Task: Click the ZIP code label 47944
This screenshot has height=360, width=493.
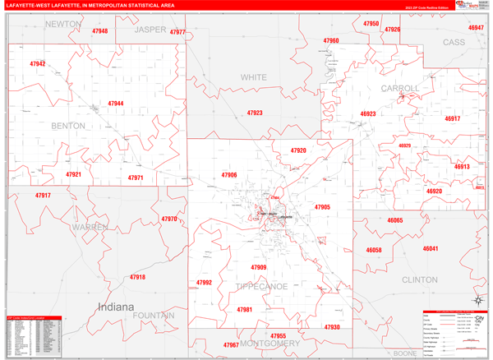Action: (x=115, y=104)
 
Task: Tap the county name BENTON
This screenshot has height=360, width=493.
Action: (x=68, y=126)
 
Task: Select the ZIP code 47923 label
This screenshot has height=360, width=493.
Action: (x=255, y=113)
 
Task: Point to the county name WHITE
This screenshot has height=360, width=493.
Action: (x=254, y=77)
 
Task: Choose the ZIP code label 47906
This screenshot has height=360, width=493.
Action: (x=228, y=175)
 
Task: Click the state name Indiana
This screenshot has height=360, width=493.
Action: (x=114, y=307)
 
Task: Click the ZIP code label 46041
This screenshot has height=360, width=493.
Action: (x=431, y=249)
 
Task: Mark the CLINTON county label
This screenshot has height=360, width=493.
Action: (x=420, y=279)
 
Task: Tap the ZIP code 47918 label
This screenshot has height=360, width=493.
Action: (x=137, y=277)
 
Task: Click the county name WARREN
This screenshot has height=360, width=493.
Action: (x=90, y=226)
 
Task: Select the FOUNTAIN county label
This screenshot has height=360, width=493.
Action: (x=150, y=316)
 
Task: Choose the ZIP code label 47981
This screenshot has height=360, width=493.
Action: (x=244, y=309)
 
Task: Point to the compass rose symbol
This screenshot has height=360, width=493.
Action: (x=474, y=301)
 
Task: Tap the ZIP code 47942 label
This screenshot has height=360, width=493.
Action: (x=38, y=63)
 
